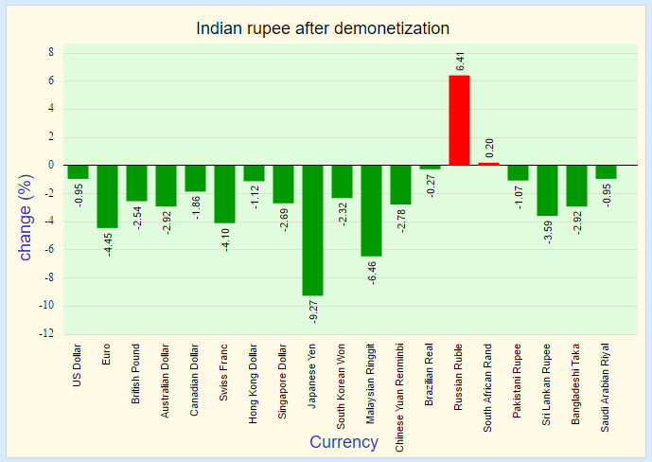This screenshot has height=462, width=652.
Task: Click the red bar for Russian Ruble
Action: click(x=459, y=120)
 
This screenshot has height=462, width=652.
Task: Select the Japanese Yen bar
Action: click(x=312, y=230)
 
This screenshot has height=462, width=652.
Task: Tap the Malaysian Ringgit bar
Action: click(x=371, y=210)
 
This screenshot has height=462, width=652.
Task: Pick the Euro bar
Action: click(x=107, y=196)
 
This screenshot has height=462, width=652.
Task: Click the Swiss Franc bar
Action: click(x=224, y=194)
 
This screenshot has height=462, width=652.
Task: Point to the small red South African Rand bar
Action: click(x=488, y=164)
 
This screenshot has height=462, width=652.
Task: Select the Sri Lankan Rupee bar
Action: click(x=547, y=190)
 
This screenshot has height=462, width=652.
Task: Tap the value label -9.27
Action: click(x=313, y=311)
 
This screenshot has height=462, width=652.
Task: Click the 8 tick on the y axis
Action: click(x=52, y=53)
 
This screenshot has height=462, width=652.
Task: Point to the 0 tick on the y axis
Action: click(x=52, y=166)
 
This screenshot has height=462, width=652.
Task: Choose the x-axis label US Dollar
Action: click(x=79, y=364)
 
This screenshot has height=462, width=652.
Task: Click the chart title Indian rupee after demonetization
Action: click(x=323, y=28)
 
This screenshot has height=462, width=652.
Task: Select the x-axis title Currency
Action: click(x=344, y=442)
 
